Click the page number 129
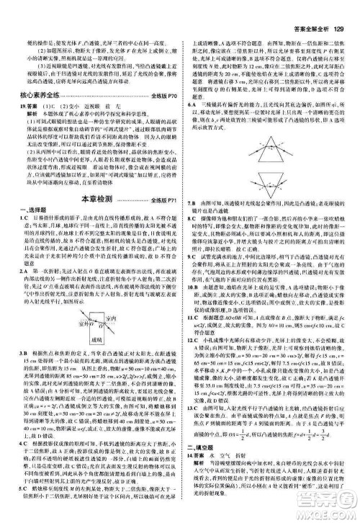(x=342, y=9)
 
